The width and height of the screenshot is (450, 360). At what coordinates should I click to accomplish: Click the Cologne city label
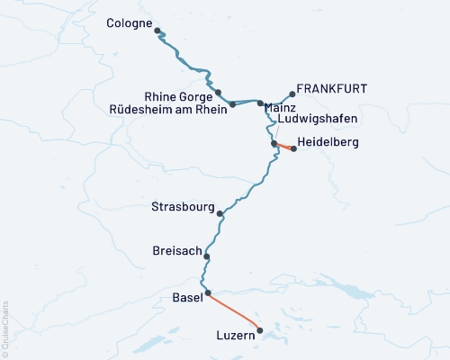point(129,22)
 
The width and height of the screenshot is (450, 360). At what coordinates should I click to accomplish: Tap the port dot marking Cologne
point(157,31)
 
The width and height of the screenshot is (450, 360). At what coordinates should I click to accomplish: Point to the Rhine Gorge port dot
point(218,92)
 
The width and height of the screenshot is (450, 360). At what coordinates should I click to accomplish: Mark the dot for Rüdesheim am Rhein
point(232,104)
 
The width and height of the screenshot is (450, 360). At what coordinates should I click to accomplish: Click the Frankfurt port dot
point(292,93)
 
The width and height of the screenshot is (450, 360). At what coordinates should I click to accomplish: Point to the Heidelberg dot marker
point(293,148)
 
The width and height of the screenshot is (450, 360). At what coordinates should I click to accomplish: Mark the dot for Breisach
point(207,256)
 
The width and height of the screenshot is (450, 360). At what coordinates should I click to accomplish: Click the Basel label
point(186,297)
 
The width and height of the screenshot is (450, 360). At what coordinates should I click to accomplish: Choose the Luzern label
point(237,336)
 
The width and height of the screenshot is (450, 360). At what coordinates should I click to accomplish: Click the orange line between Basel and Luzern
point(234,309)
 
